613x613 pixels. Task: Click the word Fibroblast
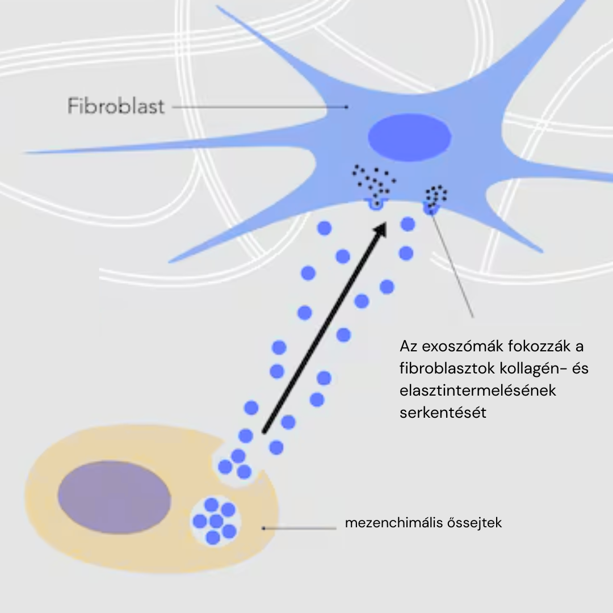(x=116, y=106)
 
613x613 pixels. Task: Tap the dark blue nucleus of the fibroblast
(x=409, y=137)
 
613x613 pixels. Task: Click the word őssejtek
(x=475, y=523)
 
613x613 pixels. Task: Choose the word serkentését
(x=443, y=413)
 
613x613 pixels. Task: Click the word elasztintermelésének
(x=477, y=391)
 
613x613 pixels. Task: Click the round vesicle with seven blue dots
(x=215, y=520)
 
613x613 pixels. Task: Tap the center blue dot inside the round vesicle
(x=215, y=520)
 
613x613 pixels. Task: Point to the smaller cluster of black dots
(x=436, y=195)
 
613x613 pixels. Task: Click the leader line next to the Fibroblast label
(x=258, y=106)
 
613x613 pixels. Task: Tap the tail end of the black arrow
(x=264, y=433)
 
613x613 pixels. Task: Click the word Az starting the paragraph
(x=408, y=346)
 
